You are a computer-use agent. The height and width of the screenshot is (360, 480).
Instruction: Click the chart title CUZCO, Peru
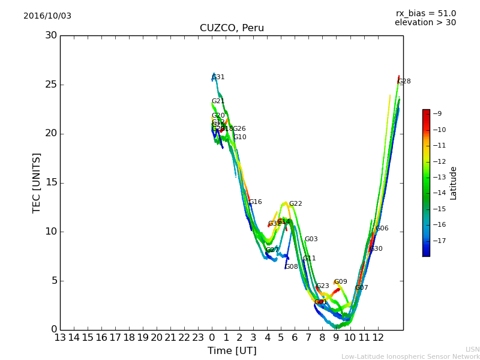pyautogui.click(x=232, y=28)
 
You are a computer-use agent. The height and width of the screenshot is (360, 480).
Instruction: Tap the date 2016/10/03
pyautogui.click(x=47, y=16)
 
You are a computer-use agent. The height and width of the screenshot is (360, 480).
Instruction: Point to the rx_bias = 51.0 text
pyautogui.click(x=425, y=14)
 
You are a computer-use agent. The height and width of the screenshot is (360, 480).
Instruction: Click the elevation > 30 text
pyautogui.click(x=425, y=23)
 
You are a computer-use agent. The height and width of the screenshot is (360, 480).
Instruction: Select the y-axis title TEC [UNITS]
pyautogui.click(x=37, y=182)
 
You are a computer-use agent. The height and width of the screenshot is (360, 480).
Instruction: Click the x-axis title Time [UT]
pyautogui.click(x=232, y=350)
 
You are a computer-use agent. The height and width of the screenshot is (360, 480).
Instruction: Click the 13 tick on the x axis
pyautogui.click(x=60, y=338)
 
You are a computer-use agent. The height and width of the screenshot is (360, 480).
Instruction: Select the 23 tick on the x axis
pyautogui.click(x=198, y=338)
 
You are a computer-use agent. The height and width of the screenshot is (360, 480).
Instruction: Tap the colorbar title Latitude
pyautogui.click(x=454, y=183)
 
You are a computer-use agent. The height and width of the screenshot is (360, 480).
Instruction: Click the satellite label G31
pyautogui.click(x=218, y=77)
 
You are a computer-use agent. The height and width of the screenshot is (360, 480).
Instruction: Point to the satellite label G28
pyautogui.click(x=404, y=82)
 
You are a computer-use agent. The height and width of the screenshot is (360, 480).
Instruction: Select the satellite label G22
pyautogui.click(x=295, y=204)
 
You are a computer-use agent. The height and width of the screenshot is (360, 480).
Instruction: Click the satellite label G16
pyautogui.click(x=255, y=202)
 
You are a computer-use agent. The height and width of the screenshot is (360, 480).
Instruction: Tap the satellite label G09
pyautogui.click(x=340, y=282)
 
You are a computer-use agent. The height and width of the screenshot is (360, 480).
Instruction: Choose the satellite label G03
pyautogui.click(x=311, y=239)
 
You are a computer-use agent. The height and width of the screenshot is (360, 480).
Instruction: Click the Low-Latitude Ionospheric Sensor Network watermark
pyautogui.click(x=410, y=356)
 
